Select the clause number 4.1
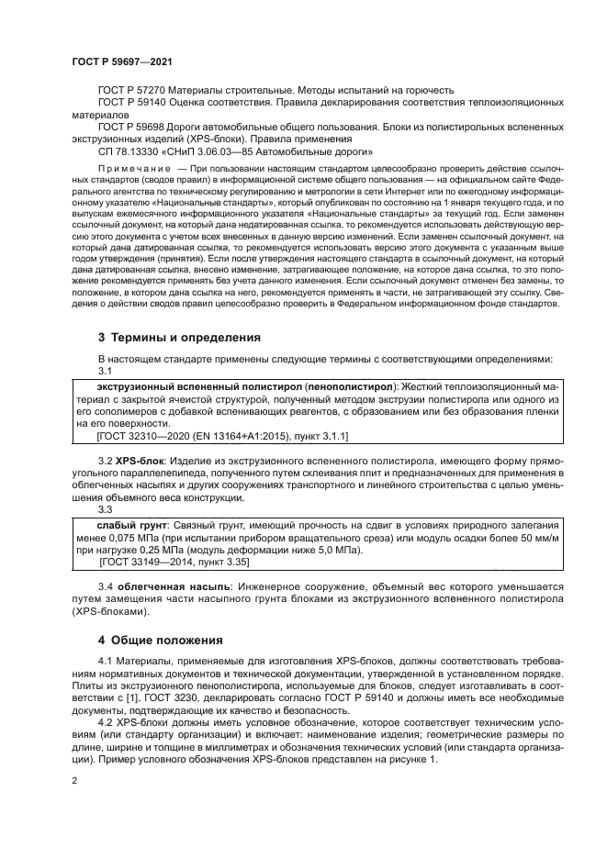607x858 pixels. point(106,662)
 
